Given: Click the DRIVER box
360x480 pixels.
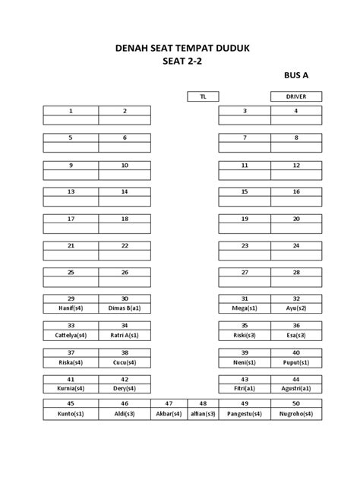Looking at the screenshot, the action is pos(296,96).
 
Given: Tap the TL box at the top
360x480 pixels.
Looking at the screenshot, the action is pos(203,96).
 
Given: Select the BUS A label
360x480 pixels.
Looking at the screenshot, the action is pos(296,76).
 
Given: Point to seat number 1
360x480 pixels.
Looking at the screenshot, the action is pos(71,111).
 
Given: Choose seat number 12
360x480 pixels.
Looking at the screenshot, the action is pos(296,165).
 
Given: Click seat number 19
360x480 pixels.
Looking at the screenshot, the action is pos(245,219).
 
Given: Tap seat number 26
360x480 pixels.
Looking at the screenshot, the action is pos(125,272).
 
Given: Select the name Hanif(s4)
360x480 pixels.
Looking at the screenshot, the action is pos(71,308).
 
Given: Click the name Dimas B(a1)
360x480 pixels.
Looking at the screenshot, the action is pos(125,308).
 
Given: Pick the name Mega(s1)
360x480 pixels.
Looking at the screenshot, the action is pos(245,308).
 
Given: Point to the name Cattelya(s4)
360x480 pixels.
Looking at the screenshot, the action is pos(71,335).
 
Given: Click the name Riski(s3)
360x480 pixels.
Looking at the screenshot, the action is pos(245,335).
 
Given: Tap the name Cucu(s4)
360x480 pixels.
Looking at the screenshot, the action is pos(125,362).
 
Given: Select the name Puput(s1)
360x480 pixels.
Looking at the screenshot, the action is pos(296,362).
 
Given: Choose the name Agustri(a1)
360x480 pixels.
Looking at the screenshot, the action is pos(296,388).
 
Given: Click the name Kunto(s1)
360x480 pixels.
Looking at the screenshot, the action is pos(71,415).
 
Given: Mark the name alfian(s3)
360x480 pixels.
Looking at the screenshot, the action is pos(203,415).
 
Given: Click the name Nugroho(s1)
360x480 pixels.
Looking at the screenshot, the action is pos(296,415).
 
